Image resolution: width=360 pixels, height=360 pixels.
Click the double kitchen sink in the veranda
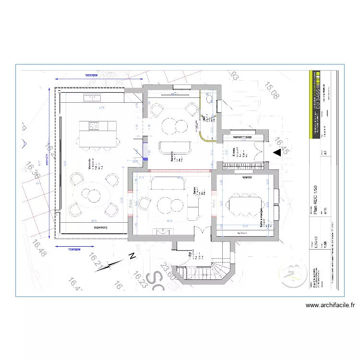(92, 98)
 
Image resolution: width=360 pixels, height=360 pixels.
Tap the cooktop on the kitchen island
(93, 126)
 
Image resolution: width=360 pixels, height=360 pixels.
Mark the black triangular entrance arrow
(277, 153)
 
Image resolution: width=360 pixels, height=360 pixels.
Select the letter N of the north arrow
(132, 256)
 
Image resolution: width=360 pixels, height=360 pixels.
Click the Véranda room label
(89, 164)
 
